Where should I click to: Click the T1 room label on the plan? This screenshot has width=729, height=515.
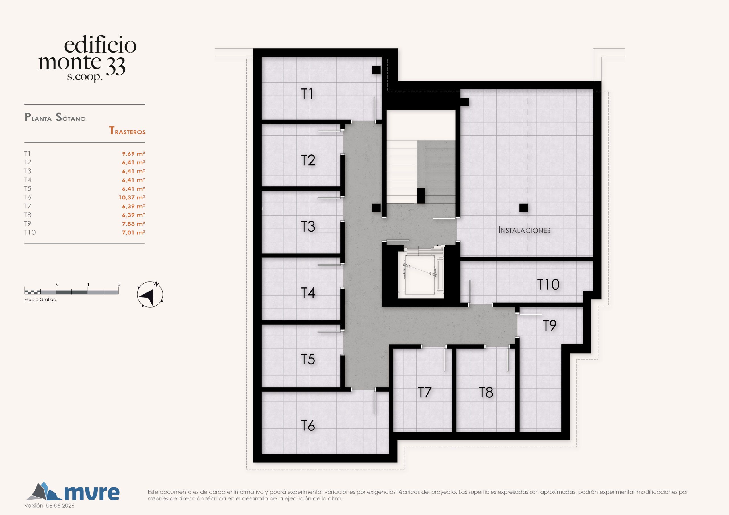(x=307, y=94)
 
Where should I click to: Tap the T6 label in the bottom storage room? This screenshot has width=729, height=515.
(x=308, y=426)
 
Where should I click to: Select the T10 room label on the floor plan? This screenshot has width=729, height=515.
(x=548, y=284)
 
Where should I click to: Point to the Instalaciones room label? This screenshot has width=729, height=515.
(x=524, y=230)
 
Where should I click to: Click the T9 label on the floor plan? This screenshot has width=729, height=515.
(x=550, y=326)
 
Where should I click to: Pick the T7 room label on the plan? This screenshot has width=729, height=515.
(x=425, y=393)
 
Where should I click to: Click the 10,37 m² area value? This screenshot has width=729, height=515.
(x=132, y=197)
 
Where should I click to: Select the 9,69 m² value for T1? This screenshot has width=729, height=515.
(x=134, y=154)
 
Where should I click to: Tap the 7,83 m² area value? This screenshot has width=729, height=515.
(x=134, y=224)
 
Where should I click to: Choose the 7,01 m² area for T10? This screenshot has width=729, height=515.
(x=134, y=232)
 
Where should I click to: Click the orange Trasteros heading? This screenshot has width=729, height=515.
(x=127, y=131)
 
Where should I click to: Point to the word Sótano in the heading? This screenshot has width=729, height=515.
(x=71, y=118)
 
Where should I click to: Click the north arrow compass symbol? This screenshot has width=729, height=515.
(x=150, y=294)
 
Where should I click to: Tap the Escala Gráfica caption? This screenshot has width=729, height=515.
(x=40, y=300)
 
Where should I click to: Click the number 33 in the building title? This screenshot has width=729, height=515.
(x=116, y=67)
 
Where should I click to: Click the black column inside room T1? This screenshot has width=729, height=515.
(x=376, y=70)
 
